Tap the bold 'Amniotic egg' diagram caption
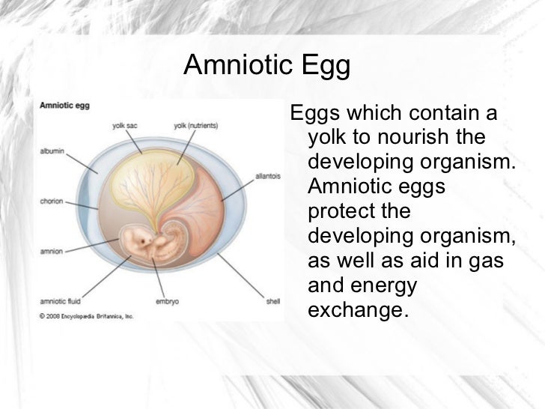click(64, 106)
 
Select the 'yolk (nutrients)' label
click(195, 126)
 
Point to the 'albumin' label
click(52, 151)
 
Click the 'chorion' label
click(51, 201)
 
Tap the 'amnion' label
click(50, 252)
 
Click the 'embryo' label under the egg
click(165, 302)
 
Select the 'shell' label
click(272, 302)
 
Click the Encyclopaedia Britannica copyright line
click(86, 316)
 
